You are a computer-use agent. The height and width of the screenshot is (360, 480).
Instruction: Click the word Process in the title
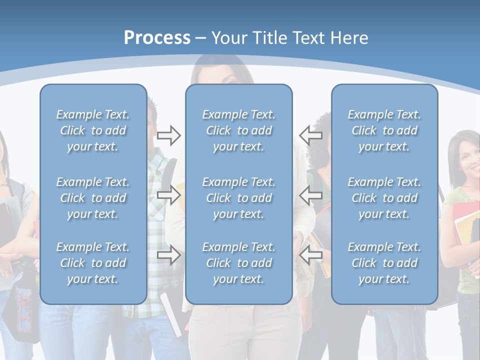157,38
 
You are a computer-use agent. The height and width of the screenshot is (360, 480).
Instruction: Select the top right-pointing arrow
168,135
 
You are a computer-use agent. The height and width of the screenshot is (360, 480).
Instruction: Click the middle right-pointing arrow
168,194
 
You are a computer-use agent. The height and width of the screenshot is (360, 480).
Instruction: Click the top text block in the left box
93,130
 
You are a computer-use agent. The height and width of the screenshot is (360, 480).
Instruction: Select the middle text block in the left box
93,198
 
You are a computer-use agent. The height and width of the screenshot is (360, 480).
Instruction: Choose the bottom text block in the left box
93,263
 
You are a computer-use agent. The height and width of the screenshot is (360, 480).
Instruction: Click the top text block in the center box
238,130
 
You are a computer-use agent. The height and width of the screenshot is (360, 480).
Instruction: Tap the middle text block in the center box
238,198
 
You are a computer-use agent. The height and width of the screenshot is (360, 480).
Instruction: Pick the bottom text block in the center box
238,263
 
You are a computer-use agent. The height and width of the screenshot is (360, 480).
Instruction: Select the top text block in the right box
384,130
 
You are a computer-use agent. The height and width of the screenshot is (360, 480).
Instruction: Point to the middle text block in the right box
384,198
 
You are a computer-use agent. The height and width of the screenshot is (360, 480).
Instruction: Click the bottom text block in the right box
384,263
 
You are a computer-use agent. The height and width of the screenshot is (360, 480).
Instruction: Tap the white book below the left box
170,315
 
